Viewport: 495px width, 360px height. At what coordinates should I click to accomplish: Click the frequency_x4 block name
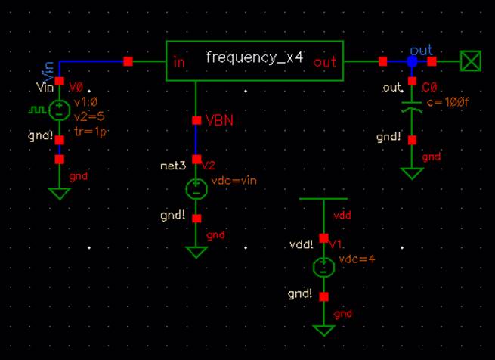(x=254, y=58)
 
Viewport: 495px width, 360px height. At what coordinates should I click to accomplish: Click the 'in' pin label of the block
(x=179, y=62)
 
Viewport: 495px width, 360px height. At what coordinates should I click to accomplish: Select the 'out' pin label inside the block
(x=325, y=62)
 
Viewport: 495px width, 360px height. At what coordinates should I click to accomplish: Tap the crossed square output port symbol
(x=471, y=61)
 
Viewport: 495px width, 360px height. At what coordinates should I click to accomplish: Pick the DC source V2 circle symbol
(x=196, y=187)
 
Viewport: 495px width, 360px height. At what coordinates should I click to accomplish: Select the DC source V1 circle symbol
(x=323, y=265)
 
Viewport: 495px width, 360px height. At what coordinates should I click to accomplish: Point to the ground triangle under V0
(x=59, y=193)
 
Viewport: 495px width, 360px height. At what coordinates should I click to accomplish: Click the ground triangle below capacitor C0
(x=412, y=173)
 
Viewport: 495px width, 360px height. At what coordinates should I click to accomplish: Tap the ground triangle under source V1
(x=323, y=330)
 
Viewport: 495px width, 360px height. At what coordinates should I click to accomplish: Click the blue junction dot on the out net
(x=412, y=61)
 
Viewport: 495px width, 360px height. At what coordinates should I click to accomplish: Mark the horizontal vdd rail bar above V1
(x=324, y=199)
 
